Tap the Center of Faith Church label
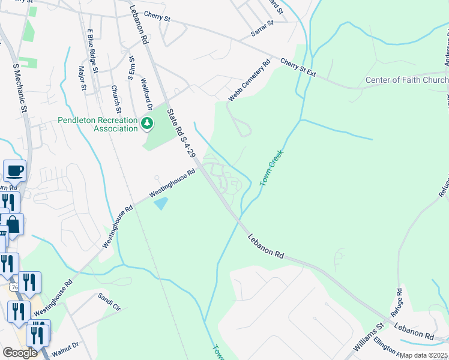pos(407,80)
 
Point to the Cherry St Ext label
pos(298,67)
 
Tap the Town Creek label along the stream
pos(271,167)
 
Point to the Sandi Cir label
pos(109,302)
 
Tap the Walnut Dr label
pos(66,346)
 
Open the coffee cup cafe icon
pos(14,170)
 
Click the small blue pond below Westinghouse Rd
pos(161,204)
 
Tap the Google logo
pos(20,353)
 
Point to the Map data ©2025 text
pos(424,355)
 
